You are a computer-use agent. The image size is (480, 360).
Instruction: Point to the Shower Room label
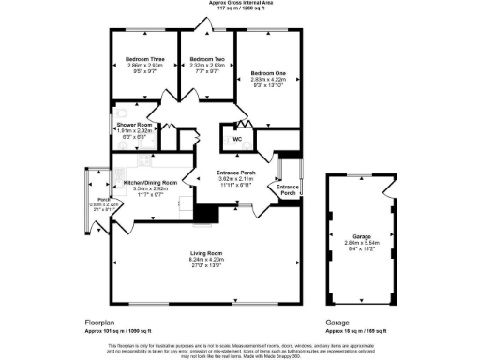[x=134, y=124]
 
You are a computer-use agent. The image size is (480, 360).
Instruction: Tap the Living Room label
[x=207, y=254]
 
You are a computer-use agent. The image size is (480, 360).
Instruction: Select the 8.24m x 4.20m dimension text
[x=207, y=262]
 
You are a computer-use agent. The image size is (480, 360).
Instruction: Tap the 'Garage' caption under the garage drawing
[x=337, y=322]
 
